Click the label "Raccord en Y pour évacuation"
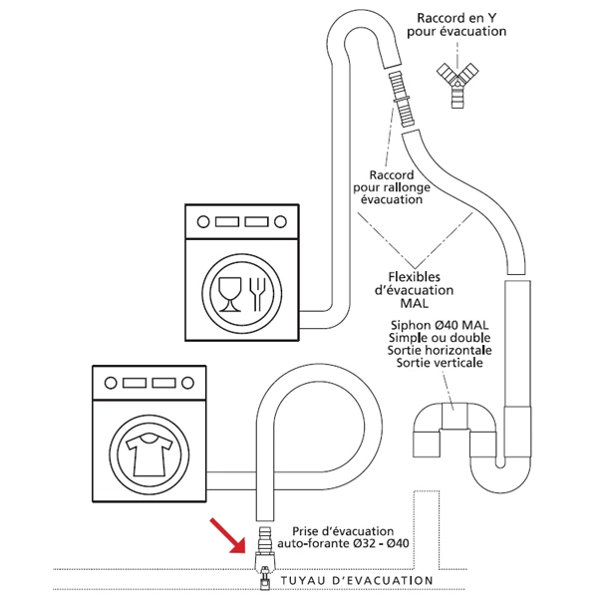460,24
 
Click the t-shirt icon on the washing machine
148,453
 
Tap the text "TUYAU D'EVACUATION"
356,580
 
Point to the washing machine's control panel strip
149,382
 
